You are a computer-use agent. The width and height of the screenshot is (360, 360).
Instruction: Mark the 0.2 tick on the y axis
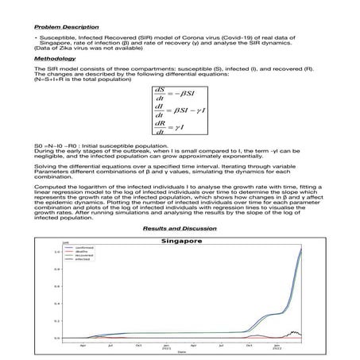coord(56,321)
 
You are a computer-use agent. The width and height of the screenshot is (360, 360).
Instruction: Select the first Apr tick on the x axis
coord(83,345)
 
